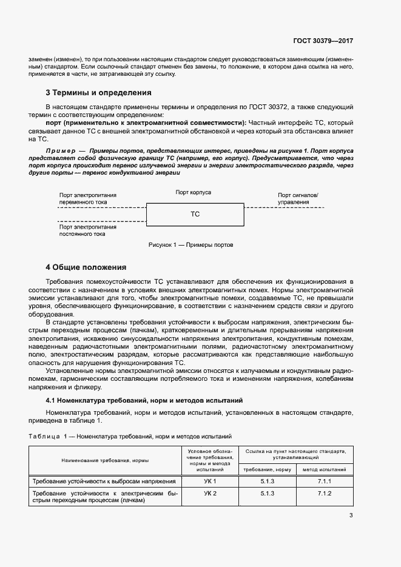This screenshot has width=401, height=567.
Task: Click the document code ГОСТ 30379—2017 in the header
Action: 325,40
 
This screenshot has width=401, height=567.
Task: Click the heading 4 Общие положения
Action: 86,267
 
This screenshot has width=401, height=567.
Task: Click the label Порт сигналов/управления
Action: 297,198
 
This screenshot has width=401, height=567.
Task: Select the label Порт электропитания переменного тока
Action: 88,199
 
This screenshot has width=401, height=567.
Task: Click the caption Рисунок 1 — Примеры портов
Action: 190,245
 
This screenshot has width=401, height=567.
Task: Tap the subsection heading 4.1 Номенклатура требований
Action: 144,400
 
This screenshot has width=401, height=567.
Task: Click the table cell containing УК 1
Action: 210,481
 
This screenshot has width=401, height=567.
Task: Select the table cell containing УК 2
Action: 210,494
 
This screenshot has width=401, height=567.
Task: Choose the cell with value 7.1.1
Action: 325,481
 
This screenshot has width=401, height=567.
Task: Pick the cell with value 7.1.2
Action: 325,494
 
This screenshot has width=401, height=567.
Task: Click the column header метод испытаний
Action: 325,469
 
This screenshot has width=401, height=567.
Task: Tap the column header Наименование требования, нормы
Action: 105,460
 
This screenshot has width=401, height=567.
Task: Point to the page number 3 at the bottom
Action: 351,515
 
